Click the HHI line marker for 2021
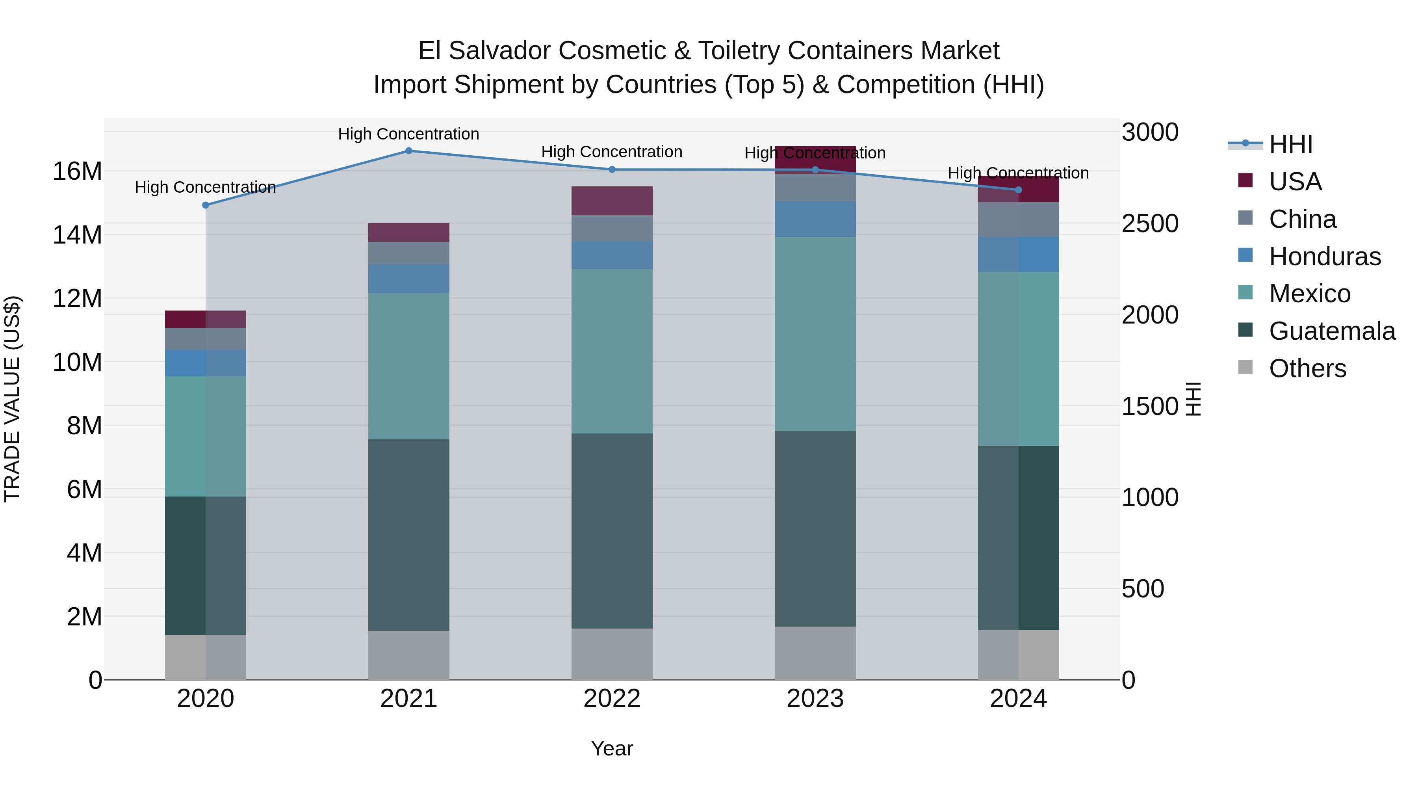(408, 151)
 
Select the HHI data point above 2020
(205, 205)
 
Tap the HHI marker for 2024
(1018, 190)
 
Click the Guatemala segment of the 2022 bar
(612, 530)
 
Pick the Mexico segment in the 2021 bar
(408, 366)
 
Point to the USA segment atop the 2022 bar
(612, 201)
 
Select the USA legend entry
(1295, 182)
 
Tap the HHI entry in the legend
(1290, 144)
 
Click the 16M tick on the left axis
(77, 171)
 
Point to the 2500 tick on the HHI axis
(1149, 223)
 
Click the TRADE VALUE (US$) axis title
(12, 399)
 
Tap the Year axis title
(612, 748)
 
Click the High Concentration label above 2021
(408, 134)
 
